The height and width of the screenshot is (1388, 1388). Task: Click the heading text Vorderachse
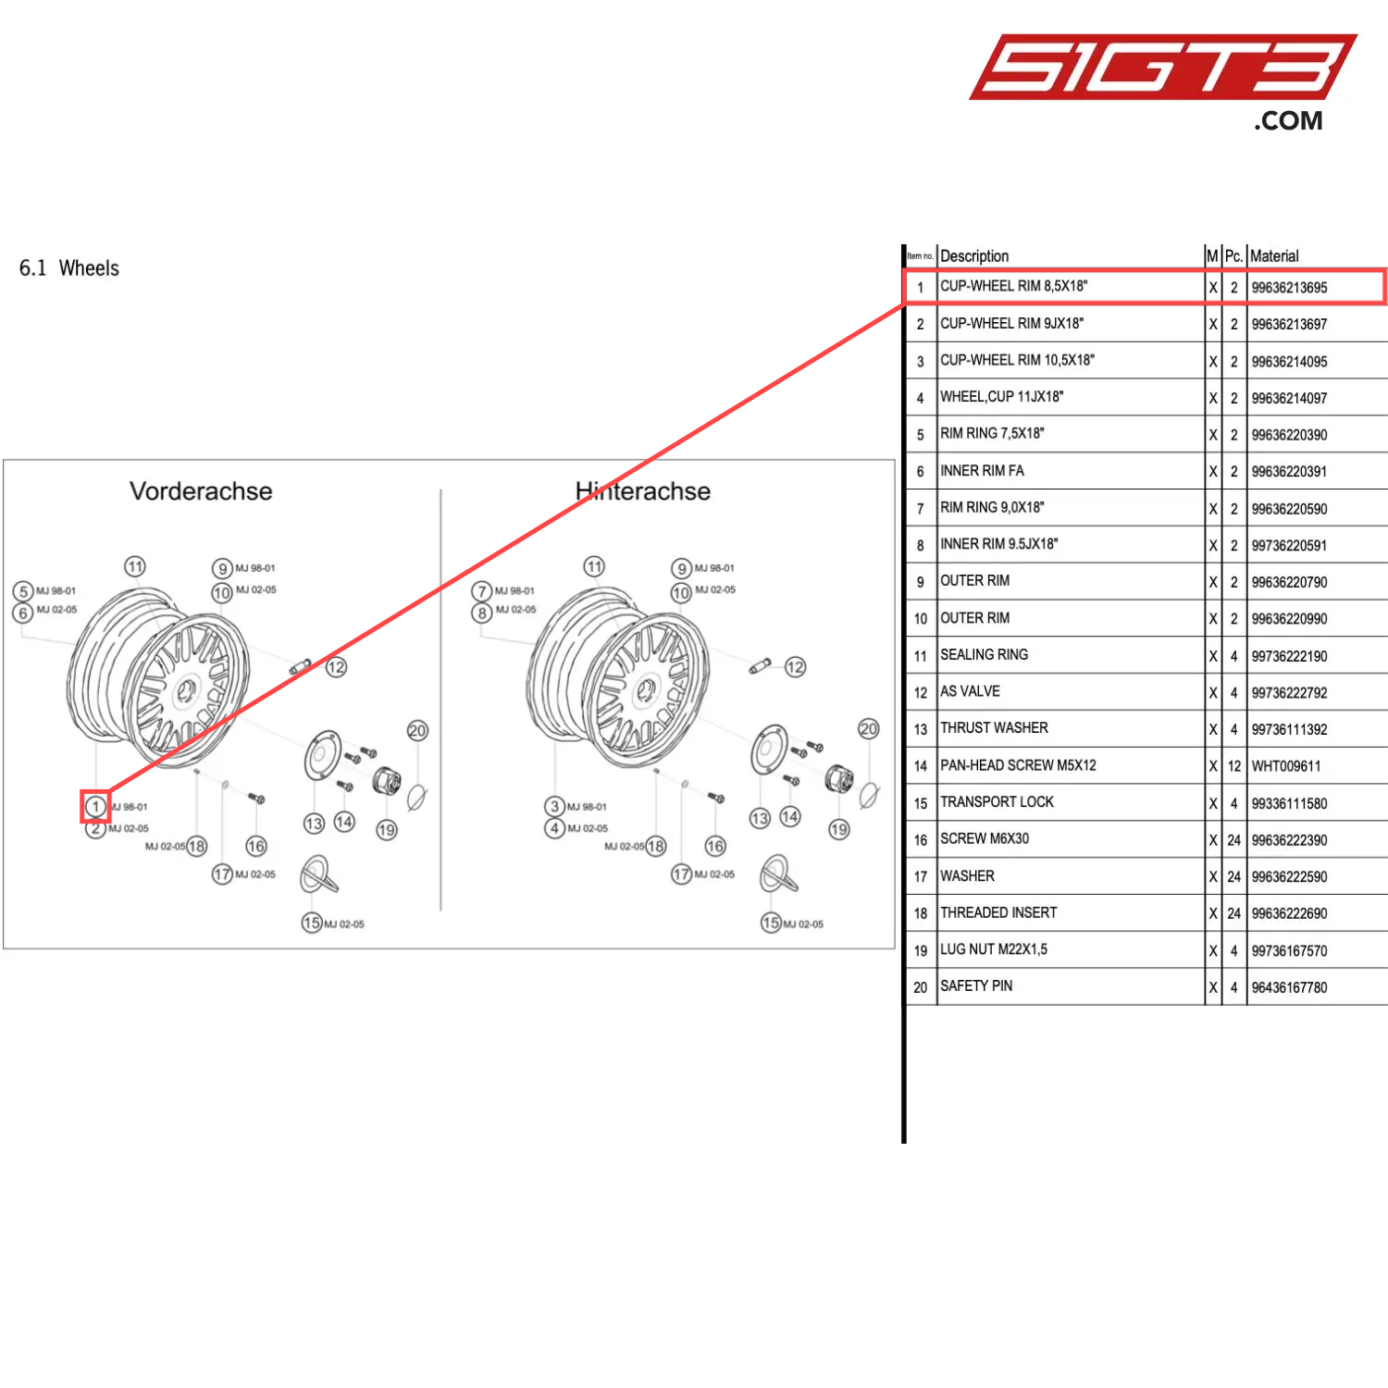pos(201,491)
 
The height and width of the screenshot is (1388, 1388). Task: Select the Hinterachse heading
pos(643,491)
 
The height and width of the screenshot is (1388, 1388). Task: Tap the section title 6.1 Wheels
pos(69,268)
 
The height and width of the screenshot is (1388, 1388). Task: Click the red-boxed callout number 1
pos(94,807)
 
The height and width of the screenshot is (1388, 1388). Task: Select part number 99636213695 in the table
pos(1289,288)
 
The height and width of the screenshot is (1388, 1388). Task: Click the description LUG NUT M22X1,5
pos(994,949)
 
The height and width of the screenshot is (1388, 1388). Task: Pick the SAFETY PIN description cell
pos(976,986)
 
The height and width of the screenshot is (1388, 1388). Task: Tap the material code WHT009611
pos(1286,766)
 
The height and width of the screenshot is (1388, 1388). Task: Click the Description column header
pos(974,256)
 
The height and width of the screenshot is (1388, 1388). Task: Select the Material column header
pos(1274,256)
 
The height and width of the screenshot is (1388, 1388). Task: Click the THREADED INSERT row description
pos(998,913)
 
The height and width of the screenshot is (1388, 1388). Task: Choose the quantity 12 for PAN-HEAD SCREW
pos(1234,766)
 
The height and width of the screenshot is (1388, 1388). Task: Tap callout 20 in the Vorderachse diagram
pos(417,731)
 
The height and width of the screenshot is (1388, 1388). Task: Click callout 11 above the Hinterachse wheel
pos(594,566)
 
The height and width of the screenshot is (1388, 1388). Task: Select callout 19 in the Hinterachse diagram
pos(839,829)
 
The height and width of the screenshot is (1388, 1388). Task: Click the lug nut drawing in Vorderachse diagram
pos(386,781)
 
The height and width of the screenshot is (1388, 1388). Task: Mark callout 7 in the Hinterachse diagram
pos(481,591)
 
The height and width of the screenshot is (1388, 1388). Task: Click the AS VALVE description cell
pos(970,692)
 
